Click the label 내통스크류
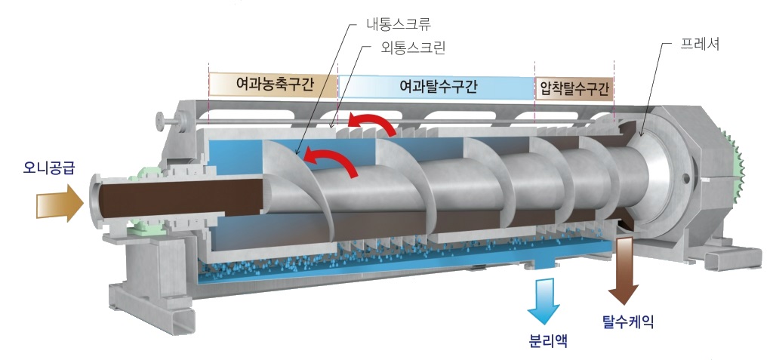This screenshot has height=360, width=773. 399,24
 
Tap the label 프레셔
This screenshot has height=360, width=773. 700,44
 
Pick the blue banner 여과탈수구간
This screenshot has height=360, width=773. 437,88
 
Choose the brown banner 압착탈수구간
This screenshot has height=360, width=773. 574,89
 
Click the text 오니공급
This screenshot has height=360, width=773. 48,168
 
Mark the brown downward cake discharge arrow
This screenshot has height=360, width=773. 624,271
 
